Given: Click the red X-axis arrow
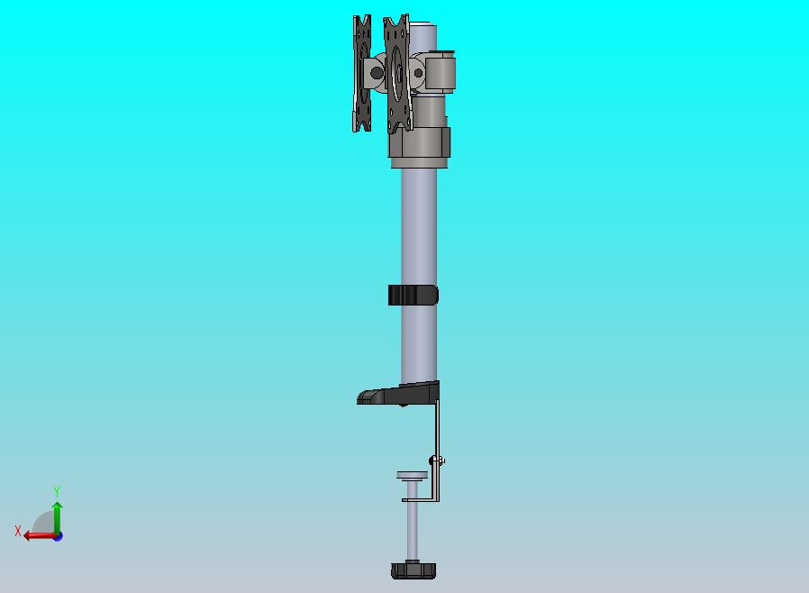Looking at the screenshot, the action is point(41,536).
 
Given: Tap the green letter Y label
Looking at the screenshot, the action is point(57,491).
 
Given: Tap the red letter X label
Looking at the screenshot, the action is point(18,531).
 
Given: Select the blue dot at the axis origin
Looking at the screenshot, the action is point(59,537).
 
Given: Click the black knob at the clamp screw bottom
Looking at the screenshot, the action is point(414,570).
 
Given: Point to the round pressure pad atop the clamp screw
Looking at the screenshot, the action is point(413,475).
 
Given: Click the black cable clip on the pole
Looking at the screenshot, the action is point(414,296).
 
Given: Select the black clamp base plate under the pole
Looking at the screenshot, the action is point(398,393).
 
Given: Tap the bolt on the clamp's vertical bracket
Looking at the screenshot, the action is point(437,460).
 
